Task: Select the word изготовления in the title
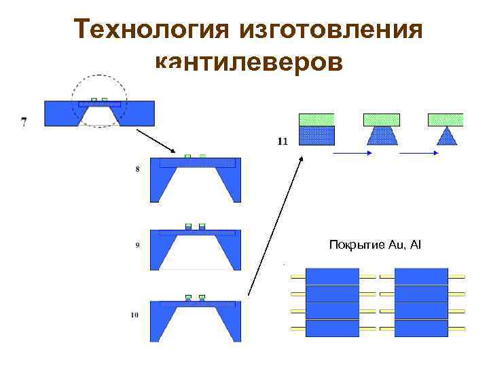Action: coord(331,30)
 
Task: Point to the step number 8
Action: coord(138,170)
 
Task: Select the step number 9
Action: coord(138,246)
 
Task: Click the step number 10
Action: coord(134,315)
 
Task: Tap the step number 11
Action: coord(283,141)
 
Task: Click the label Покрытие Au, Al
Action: coord(375,243)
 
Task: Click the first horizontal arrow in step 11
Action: coord(351,154)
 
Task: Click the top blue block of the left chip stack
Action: coord(333,277)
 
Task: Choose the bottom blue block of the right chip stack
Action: coord(421,328)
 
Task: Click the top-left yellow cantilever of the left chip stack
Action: coord(298,277)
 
